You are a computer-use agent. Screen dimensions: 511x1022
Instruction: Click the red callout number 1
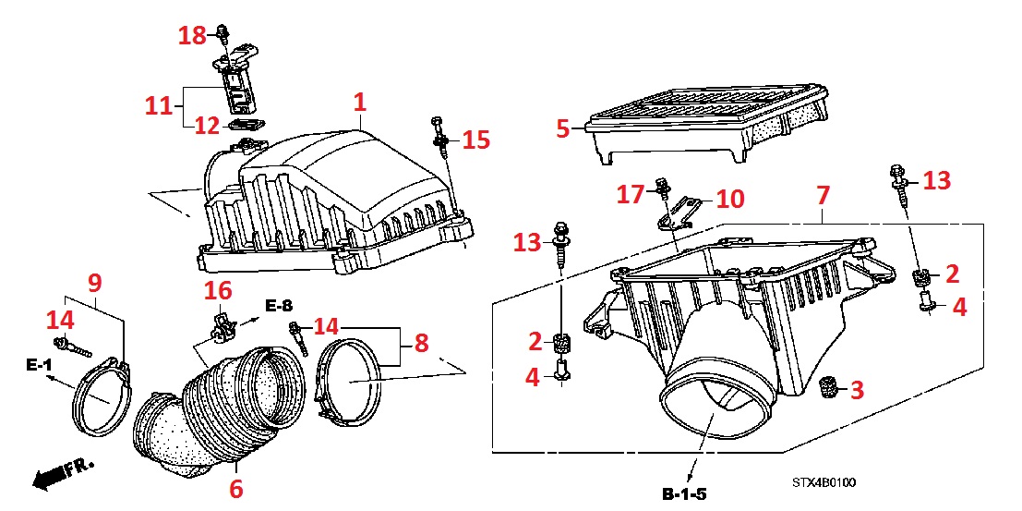point(359,102)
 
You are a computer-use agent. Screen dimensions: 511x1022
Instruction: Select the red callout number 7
point(824,195)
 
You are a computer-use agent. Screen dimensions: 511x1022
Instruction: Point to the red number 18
point(193,36)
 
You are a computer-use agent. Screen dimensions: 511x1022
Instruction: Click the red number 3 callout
point(857,390)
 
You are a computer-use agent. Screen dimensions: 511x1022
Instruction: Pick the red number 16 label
point(218,291)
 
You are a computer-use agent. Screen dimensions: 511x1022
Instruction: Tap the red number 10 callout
point(729,199)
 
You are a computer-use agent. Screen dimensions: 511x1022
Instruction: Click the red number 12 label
point(206,125)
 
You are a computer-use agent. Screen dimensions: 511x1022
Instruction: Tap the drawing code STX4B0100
point(823,482)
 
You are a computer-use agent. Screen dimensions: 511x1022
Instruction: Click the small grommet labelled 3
point(827,389)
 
